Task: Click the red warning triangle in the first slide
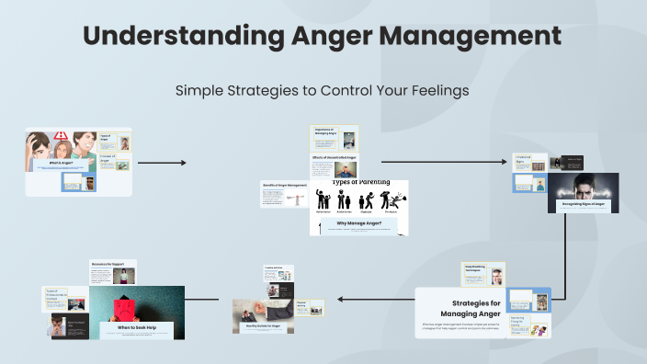coord(61,137)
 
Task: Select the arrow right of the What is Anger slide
coord(162,163)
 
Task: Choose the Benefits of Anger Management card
coord(284,193)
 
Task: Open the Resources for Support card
coord(113,271)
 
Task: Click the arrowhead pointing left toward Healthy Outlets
coord(341,299)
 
